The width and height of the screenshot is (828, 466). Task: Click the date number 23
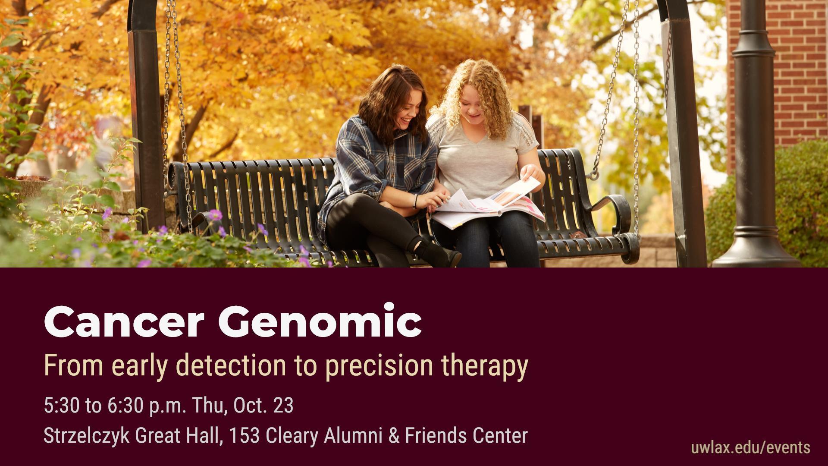point(283,406)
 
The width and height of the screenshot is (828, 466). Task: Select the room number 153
point(244,435)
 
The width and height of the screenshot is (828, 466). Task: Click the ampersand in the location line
point(394,435)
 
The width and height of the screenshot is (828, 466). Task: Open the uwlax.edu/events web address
point(750,447)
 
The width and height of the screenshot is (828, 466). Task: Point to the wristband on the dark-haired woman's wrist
point(416,201)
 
